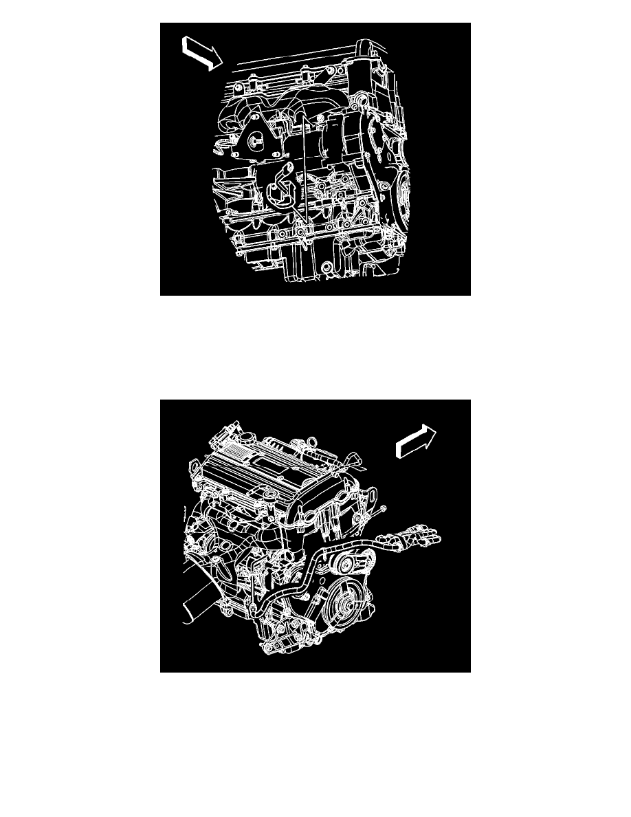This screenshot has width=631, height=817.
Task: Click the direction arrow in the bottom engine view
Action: coord(416,440)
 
